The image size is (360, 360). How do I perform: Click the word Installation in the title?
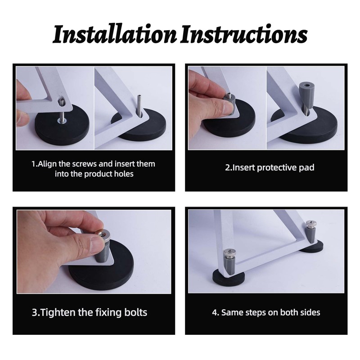115,35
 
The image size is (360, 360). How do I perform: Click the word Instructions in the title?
243,35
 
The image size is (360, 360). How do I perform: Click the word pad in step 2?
306,168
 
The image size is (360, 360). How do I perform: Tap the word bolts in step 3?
136,312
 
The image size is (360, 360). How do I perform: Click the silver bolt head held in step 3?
103,234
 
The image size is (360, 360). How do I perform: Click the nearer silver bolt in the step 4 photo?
229,252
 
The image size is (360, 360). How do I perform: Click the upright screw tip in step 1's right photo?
139,96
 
